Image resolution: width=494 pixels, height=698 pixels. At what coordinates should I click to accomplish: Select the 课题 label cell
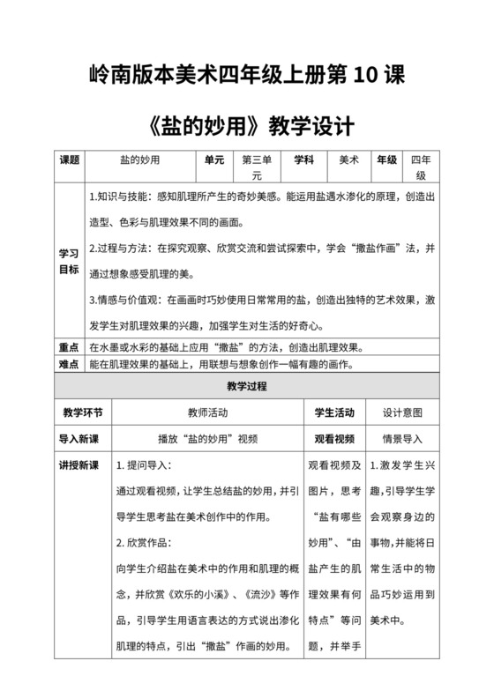click(x=70, y=160)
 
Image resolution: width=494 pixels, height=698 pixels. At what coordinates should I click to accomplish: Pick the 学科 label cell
click(x=304, y=160)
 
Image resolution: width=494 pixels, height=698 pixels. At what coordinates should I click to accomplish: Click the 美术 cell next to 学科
click(x=348, y=160)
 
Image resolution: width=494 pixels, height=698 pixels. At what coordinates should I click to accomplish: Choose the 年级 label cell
click(x=386, y=160)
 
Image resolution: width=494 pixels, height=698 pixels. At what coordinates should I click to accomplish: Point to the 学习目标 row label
click(x=70, y=260)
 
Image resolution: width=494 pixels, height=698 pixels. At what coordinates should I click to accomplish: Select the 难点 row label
click(x=70, y=364)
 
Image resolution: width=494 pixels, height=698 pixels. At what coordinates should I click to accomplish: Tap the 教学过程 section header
click(x=246, y=386)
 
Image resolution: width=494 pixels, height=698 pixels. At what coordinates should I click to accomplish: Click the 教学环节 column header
click(x=82, y=412)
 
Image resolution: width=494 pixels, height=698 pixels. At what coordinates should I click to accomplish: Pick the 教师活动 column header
click(x=207, y=412)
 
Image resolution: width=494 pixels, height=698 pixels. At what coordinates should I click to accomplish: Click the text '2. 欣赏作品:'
click(x=146, y=542)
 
